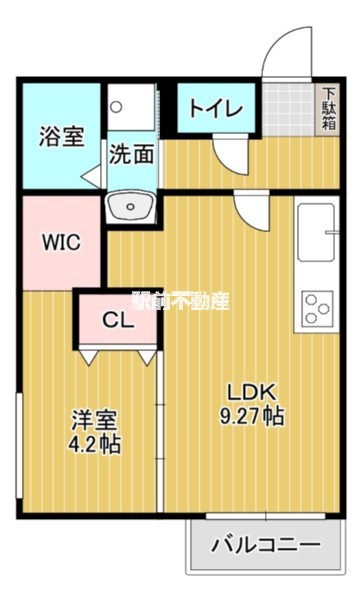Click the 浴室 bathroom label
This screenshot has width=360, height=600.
[62, 136]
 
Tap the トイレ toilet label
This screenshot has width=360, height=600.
[216, 108]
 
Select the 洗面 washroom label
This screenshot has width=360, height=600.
[132, 154]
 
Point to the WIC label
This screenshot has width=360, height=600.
[61, 242]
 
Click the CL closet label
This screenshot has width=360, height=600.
[118, 320]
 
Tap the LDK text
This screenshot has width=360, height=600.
[251, 393]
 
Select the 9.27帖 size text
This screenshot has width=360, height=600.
[252, 416]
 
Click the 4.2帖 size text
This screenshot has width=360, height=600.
[94, 444]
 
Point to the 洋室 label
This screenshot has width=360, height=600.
[94, 421]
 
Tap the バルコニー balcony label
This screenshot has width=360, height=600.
[266, 545]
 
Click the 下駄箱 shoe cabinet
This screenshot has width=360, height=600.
[328, 109]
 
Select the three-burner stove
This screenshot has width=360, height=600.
[317, 309]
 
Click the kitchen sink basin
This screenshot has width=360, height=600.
[316, 232]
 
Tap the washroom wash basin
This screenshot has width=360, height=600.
[130, 207]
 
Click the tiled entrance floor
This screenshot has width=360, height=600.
[288, 109]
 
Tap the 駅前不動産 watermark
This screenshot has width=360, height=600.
[180, 301]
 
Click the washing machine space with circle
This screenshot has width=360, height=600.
[132, 107]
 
